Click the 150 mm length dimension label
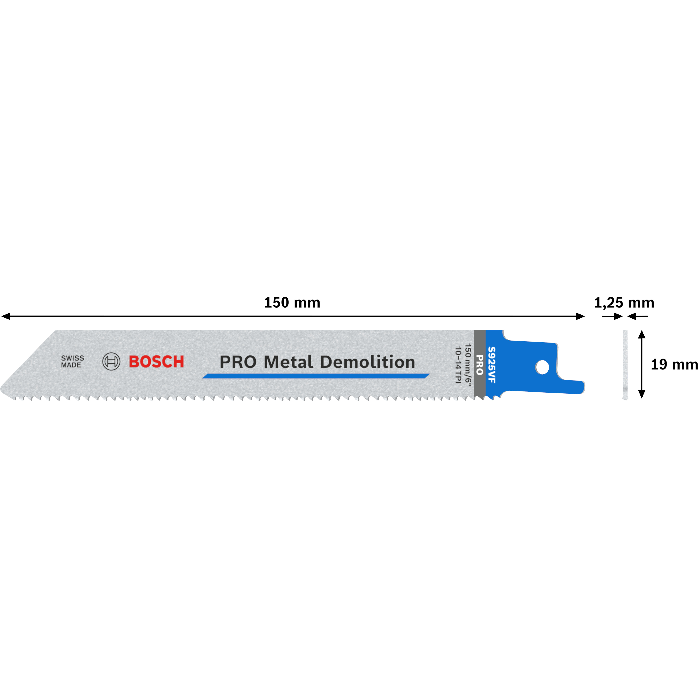(x=292, y=303)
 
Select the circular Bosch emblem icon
(x=111, y=361)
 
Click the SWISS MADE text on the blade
(x=72, y=361)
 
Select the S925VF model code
(x=492, y=365)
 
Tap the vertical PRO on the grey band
(x=479, y=365)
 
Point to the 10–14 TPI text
(x=458, y=365)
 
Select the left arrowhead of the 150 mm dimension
(x=6, y=316)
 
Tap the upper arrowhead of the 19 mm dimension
(x=642, y=334)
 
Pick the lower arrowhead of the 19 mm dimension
(x=642, y=394)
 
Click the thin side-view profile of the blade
(x=625, y=365)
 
